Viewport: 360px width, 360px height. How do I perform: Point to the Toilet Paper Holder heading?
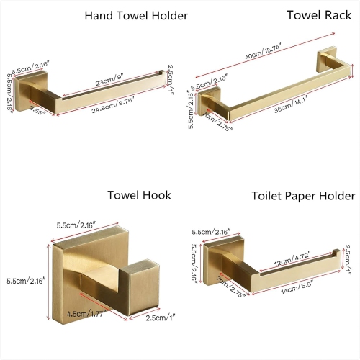(x=303, y=195)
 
